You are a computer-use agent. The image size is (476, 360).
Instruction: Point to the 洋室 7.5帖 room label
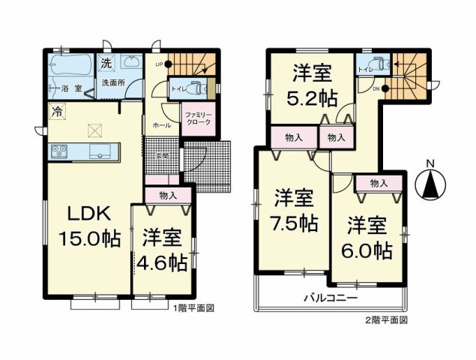point(294,211)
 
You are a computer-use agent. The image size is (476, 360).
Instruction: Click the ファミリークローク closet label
point(198,119)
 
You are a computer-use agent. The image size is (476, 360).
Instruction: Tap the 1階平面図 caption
point(195,308)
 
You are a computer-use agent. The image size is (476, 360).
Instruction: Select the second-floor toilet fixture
point(377,64)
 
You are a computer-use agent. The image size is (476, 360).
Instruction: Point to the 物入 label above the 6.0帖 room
point(379,183)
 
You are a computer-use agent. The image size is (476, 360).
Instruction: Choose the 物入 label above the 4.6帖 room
point(168,195)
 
